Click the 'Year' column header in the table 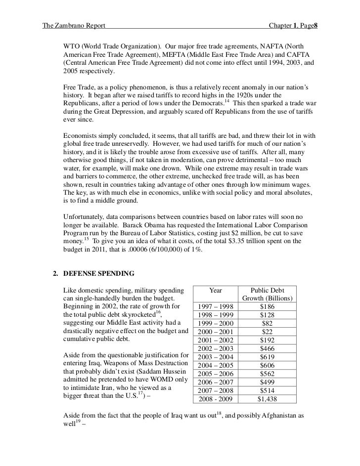coord(216,290)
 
